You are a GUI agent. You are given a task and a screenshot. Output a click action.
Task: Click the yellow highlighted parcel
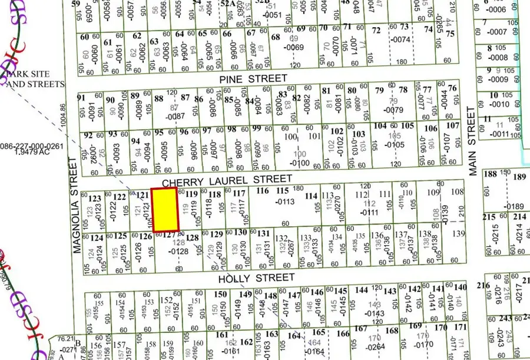[x=165, y=210]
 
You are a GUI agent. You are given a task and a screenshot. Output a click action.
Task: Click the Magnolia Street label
[x=77, y=206]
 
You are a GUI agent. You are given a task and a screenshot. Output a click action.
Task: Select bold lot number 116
[x=263, y=191]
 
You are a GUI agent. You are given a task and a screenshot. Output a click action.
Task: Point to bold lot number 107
[x=452, y=125]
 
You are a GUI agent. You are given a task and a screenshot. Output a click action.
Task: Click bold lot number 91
[x=81, y=98]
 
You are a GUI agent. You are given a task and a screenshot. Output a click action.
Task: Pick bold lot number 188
[x=490, y=174]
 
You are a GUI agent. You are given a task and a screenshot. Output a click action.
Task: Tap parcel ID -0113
[x=285, y=202]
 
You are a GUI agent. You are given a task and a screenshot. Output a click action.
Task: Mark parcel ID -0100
[x=300, y=163]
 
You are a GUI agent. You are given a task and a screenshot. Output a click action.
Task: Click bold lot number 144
[x=362, y=290]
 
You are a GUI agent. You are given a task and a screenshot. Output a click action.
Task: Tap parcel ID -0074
[x=400, y=39]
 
